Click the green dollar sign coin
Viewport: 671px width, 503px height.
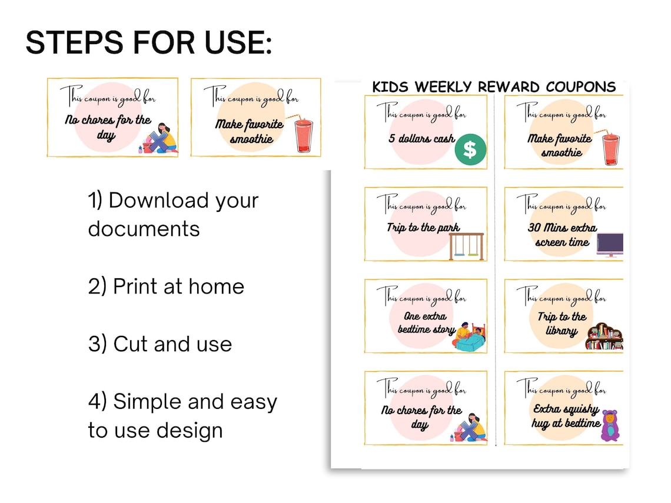(470, 149)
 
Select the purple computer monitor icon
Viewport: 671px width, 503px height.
(610, 245)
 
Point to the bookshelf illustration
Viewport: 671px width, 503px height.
(604, 337)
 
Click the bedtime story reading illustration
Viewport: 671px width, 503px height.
(470, 337)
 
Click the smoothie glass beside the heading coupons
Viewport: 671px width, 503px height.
(304, 135)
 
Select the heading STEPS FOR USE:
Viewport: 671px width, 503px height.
(149, 43)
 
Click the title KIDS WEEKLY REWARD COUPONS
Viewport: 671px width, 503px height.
(494, 87)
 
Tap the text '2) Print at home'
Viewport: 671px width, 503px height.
(166, 287)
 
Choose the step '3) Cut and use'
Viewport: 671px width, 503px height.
(160, 344)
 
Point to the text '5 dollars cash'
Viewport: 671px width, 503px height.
(421, 139)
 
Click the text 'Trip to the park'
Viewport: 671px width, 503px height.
(423, 228)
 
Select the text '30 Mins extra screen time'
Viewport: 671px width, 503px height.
(562, 235)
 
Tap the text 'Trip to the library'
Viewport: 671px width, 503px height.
(562, 324)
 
